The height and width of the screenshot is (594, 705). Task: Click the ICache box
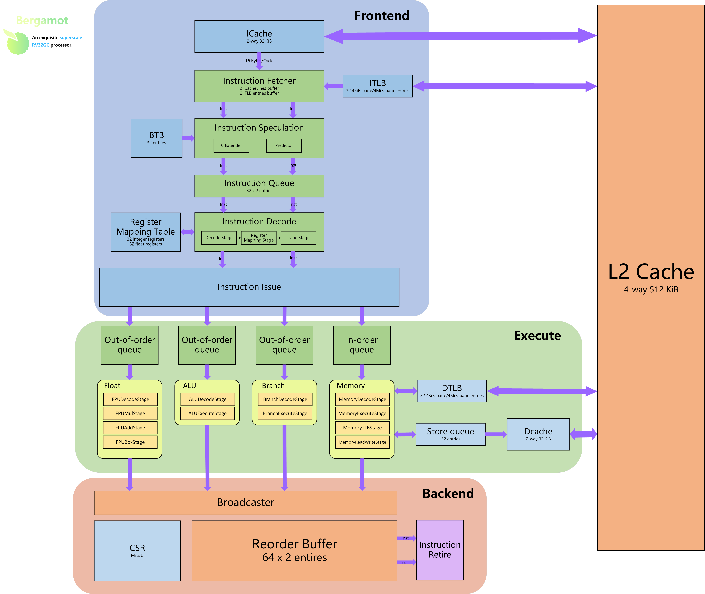coord(259,36)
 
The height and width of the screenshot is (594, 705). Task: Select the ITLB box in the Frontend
coord(378,86)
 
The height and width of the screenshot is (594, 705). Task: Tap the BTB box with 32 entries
coord(157,138)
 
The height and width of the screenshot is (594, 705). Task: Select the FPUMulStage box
coord(130,414)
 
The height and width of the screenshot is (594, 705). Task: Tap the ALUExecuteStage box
coord(208,414)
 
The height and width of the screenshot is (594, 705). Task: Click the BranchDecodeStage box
coord(285,399)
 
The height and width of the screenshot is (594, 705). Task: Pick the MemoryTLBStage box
coord(362,428)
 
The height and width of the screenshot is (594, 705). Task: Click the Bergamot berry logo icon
coord(17,42)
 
